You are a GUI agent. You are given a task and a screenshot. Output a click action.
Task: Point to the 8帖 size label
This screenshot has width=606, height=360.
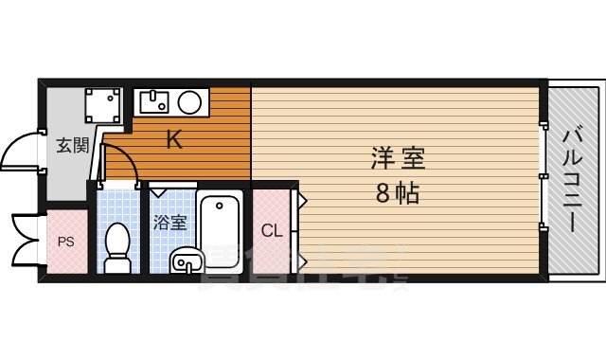click(x=398, y=195)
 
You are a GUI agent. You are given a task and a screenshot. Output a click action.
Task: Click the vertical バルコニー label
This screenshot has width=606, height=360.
click(x=574, y=180)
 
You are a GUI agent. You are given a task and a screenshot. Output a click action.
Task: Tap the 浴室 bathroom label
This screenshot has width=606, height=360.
click(x=170, y=223)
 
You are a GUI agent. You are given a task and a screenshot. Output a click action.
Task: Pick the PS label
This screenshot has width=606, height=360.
click(x=65, y=242)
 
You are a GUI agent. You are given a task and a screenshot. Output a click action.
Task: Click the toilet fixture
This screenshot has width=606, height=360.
click(x=117, y=244)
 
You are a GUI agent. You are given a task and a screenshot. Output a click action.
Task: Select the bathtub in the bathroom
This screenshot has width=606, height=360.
click(x=221, y=223)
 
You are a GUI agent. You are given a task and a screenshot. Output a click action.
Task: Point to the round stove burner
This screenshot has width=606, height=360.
click(x=189, y=100)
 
